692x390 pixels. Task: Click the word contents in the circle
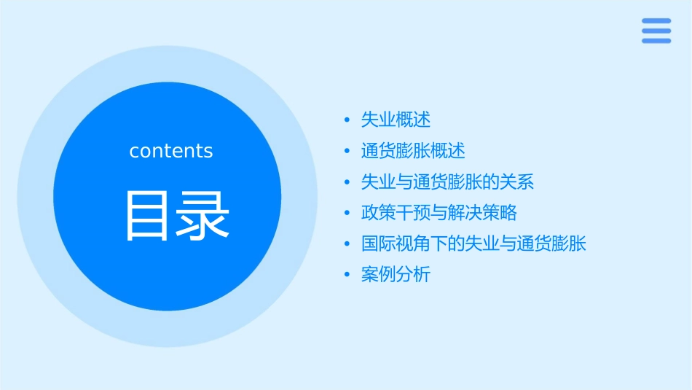coord(171,151)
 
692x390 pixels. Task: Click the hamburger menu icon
coord(656,31)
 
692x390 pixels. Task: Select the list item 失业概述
coord(396,120)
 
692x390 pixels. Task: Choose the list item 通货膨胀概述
coord(413,151)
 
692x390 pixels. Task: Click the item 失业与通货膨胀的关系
coord(447,182)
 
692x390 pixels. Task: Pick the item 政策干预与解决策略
coord(439,213)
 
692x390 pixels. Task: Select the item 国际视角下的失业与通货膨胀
coord(473,243)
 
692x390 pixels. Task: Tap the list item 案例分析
coord(396,275)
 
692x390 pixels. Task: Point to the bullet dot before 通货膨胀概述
coord(347,152)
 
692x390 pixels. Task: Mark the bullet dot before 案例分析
coord(347,276)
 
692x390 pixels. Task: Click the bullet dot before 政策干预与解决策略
coord(347,214)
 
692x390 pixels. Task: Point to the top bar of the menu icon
coord(656,20)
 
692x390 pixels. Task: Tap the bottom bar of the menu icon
coord(656,41)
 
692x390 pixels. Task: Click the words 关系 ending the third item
coord(517,182)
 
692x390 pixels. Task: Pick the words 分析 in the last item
coord(414,275)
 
